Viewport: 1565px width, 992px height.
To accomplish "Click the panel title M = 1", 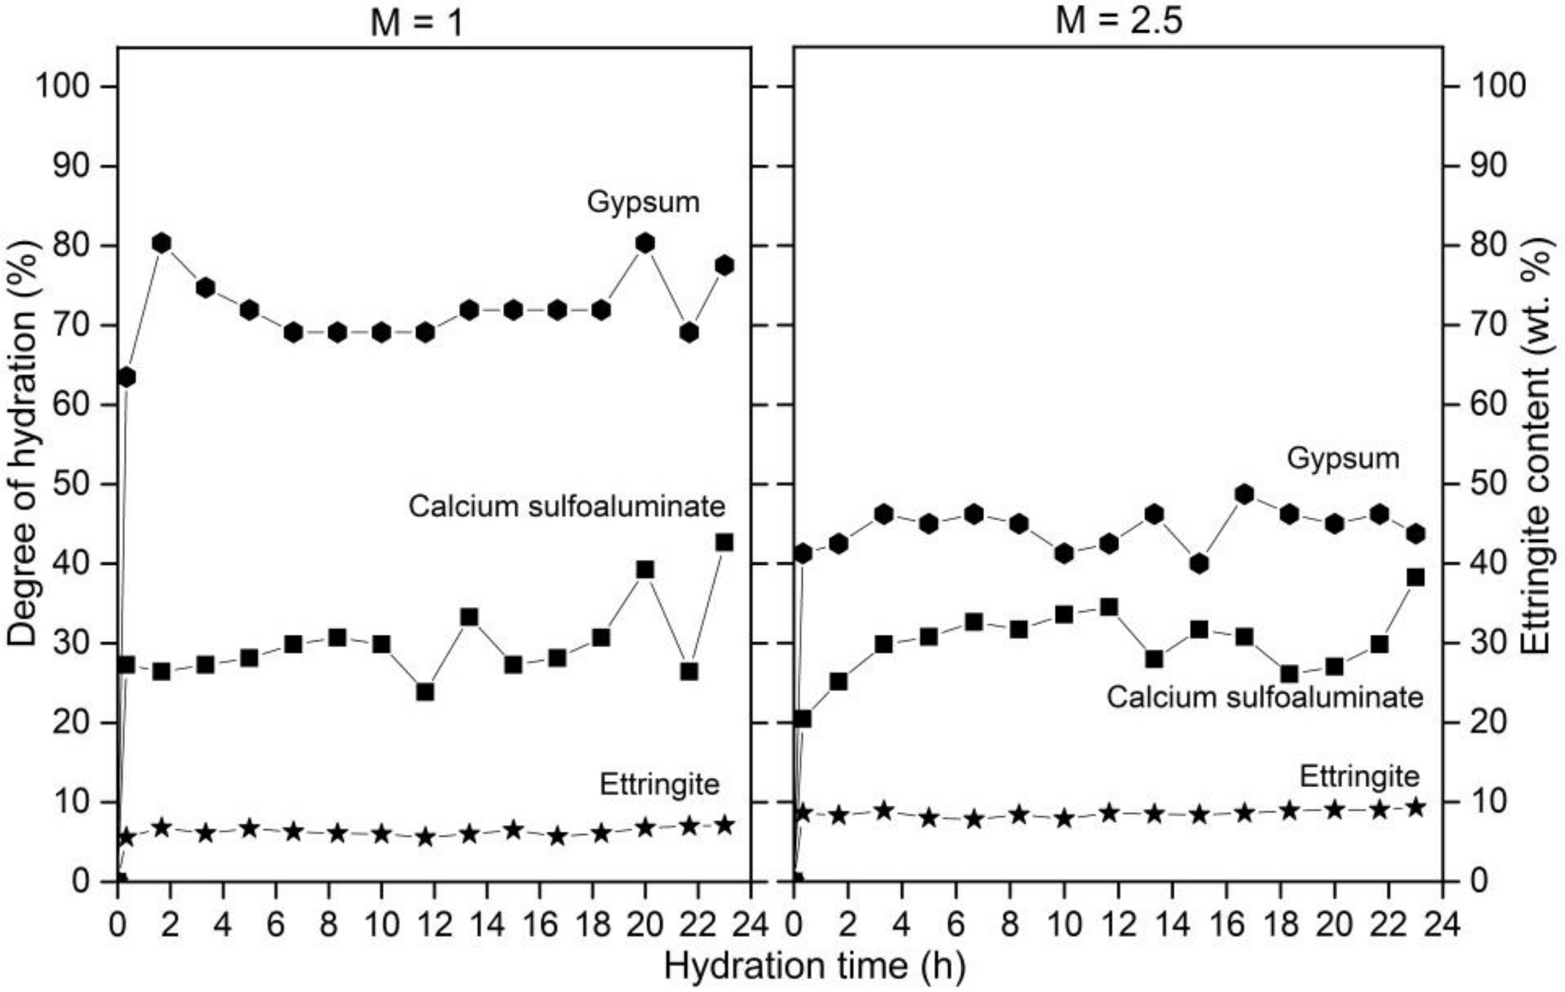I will coord(416,23).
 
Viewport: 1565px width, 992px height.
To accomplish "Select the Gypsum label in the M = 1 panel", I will coord(643,201).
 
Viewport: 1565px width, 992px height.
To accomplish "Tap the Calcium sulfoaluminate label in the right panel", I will coord(1265,697).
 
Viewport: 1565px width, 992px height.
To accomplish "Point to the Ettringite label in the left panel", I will coord(659,784).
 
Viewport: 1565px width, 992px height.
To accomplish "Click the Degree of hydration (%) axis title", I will coord(23,442).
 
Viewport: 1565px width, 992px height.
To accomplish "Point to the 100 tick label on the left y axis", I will coord(62,87).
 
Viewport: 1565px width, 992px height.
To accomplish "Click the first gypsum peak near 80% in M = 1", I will coord(162,243).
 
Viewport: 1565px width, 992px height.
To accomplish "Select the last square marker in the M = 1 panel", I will coord(725,542).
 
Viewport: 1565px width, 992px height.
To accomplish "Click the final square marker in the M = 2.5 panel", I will coord(1416,577).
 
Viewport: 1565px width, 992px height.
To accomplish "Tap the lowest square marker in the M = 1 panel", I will coord(425,691).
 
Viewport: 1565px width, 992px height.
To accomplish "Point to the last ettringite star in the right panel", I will coord(1416,808).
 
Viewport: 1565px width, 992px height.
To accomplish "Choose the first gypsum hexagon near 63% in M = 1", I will coord(127,377).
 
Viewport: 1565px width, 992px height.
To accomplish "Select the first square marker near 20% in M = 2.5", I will coord(803,719).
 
